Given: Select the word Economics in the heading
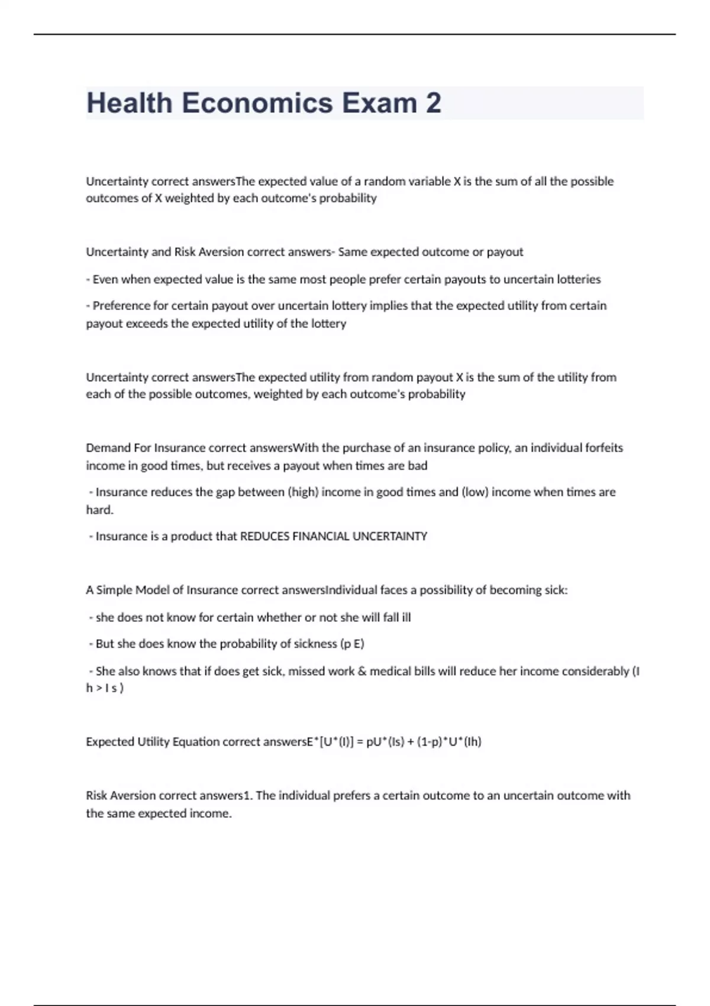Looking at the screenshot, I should click(x=257, y=103).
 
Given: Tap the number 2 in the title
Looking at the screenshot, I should click(x=433, y=103).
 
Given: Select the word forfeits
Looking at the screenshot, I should click(x=603, y=448).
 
